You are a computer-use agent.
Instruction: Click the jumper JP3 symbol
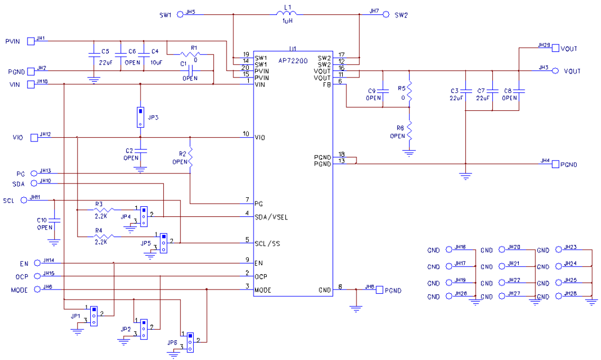[140, 117]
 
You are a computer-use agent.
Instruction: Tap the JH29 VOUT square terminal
[555, 48]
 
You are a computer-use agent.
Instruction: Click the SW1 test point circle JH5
[180, 14]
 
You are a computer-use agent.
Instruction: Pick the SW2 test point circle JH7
[386, 14]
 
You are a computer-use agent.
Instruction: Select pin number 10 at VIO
[246, 134]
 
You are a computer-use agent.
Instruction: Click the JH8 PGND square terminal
[379, 291]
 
